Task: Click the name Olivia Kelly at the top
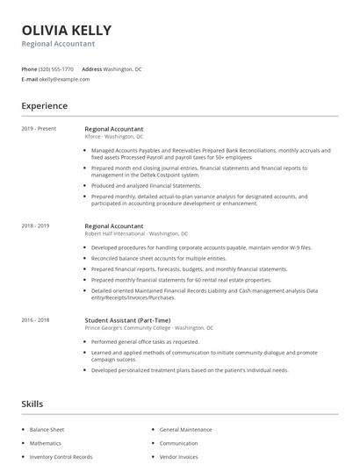pyautogui.click(x=66, y=29)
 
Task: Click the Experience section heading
pyautogui.click(x=44, y=106)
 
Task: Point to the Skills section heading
pyautogui.click(x=32, y=404)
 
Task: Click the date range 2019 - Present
pyautogui.click(x=39, y=129)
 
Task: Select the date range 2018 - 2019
pyautogui.click(x=37, y=226)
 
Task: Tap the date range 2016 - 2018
pyautogui.click(x=37, y=320)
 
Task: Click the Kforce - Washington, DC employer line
pyautogui.click(x=114, y=137)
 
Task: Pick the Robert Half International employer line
pyautogui.click(x=136, y=234)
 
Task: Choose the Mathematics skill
pyautogui.click(x=47, y=443)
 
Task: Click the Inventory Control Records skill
pyautogui.click(x=61, y=456)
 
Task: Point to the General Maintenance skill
pyautogui.click(x=185, y=430)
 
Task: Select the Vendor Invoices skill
pyautogui.click(x=180, y=456)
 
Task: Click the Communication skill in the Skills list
pyautogui.click(x=179, y=443)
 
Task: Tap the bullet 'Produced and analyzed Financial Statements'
pyautogui.click(x=147, y=186)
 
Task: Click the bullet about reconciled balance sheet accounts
pyautogui.click(x=146, y=259)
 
